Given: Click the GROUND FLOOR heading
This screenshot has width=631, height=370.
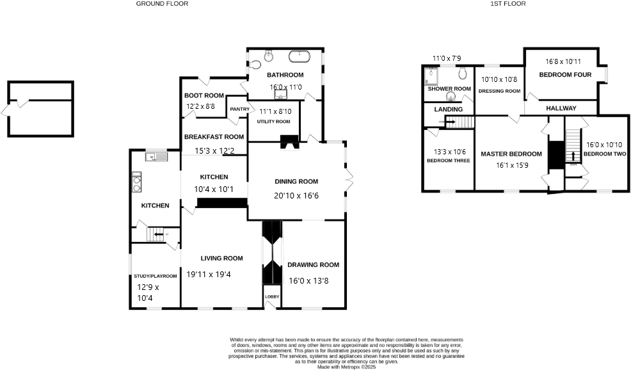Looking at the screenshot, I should [162, 4].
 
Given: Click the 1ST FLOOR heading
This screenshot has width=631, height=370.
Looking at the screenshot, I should [508, 4].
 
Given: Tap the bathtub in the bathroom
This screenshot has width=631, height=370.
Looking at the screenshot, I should [299, 57].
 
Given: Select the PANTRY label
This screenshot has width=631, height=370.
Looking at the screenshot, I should [239, 109].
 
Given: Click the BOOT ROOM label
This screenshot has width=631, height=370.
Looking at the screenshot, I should [204, 95].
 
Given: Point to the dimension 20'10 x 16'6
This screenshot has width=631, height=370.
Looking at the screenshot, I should [296, 195].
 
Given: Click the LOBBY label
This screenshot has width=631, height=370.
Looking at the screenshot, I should [271, 296].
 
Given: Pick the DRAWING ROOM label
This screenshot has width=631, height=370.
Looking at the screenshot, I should [313, 264].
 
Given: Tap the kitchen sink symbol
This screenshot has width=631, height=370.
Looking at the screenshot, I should [156, 157].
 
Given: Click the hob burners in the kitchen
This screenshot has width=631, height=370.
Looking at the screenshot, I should [136, 183].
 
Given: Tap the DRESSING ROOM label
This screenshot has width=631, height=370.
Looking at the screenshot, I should [500, 91].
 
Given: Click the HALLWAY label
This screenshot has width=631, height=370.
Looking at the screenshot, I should [561, 108].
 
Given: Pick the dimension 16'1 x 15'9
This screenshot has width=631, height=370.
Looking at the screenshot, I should [511, 165].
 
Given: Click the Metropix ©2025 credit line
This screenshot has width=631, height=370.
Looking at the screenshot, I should [347, 367].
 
